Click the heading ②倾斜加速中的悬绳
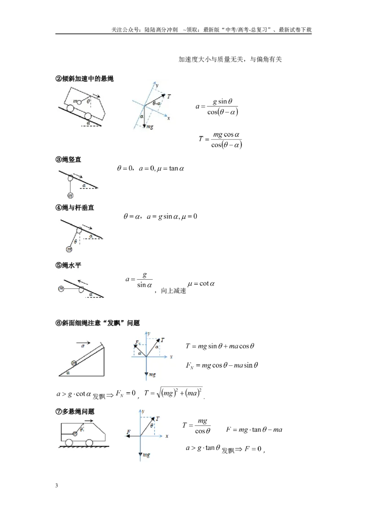pos(84,79)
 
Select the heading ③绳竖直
pos(68,160)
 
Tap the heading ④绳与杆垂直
pos(75,208)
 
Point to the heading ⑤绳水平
pos(68,265)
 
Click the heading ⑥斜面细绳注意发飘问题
pos(97,323)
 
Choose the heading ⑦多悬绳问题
pos(75,412)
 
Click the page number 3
pos(56,486)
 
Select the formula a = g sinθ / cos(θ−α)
pos(217,106)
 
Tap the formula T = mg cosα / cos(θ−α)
pos(220,139)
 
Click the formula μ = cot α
pos(201,284)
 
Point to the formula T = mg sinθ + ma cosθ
pos(220,346)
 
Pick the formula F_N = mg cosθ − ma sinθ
pos(222,365)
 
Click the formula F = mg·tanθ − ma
pos(254,430)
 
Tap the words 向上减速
pos(173,291)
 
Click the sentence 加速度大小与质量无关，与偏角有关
pos(230,60)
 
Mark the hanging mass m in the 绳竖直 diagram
pos(71,195)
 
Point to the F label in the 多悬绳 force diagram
pos(128,432)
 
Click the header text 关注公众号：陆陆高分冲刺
pos(145,30)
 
